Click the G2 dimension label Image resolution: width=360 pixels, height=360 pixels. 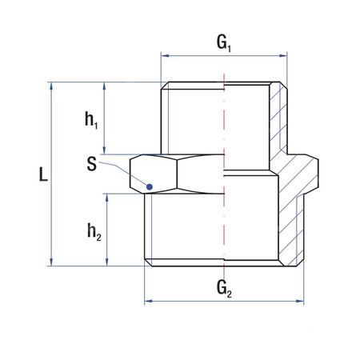point(225,288)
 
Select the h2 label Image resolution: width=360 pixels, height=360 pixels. point(93,231)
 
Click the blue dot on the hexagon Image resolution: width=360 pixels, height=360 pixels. point(149,187)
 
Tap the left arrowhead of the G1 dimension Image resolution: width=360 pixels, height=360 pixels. point(165,56)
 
